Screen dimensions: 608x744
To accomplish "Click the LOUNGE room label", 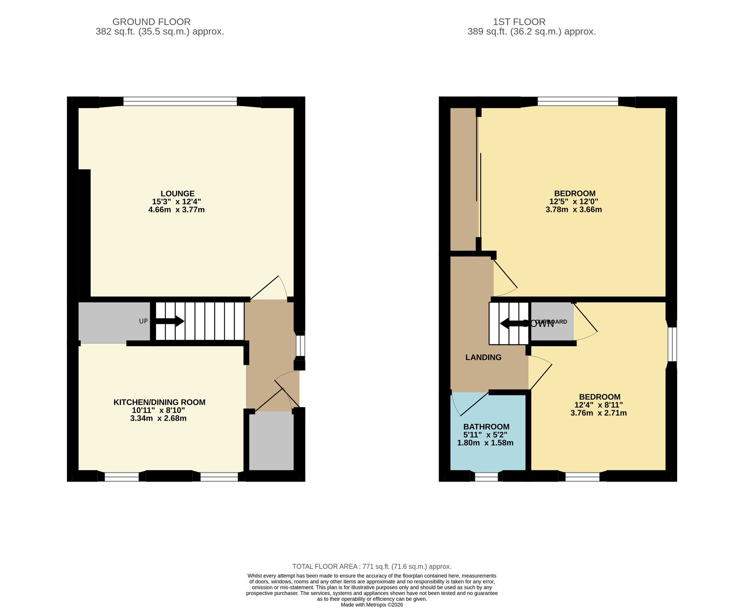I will (177, 193).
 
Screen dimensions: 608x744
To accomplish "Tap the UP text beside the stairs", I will (143, 321).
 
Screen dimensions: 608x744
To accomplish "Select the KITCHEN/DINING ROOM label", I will (159, 402).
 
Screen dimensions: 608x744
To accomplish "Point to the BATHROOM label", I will (486, 427).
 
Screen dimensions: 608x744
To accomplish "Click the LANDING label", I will (483, 357).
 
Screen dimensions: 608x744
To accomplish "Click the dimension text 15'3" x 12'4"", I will (176, 202).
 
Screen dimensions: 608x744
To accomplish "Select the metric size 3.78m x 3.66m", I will (574, 209).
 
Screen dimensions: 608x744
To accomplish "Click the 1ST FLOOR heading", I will (519, 22).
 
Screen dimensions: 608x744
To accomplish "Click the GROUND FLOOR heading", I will (151, 22).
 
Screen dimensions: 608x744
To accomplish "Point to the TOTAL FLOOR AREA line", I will (372, 566).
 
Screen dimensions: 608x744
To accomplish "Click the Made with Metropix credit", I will (372, 605).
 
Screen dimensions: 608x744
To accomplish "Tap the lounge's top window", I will (180, 101).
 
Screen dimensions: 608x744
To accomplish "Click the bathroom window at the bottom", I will (486, 477).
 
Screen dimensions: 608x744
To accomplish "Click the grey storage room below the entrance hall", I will (271, 441).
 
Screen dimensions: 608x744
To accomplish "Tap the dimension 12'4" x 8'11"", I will (599, 405).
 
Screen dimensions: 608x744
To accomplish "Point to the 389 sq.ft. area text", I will (532, 32).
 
